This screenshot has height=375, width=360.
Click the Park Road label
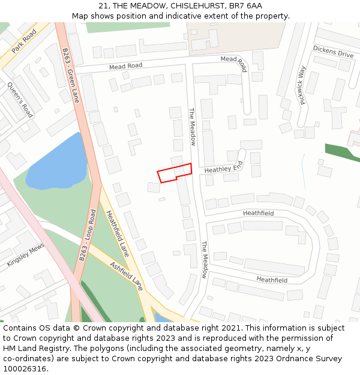(24, 41)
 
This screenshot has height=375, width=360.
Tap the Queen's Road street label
(20, 99)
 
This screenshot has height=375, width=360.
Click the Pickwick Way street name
(302, 86)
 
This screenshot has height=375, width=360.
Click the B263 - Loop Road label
(88, 235)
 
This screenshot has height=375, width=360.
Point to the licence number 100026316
(25, 368)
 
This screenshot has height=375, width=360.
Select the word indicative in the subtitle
(197, 16)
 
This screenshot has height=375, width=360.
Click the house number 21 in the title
(103, 6)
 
